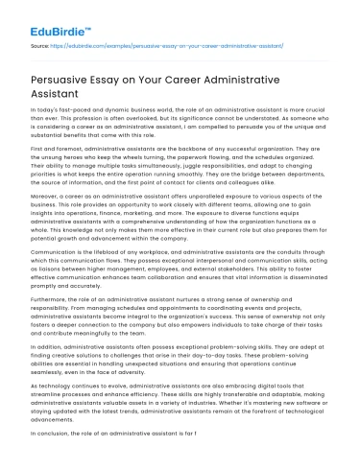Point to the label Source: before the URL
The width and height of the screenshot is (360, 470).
(x=42, y=44)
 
